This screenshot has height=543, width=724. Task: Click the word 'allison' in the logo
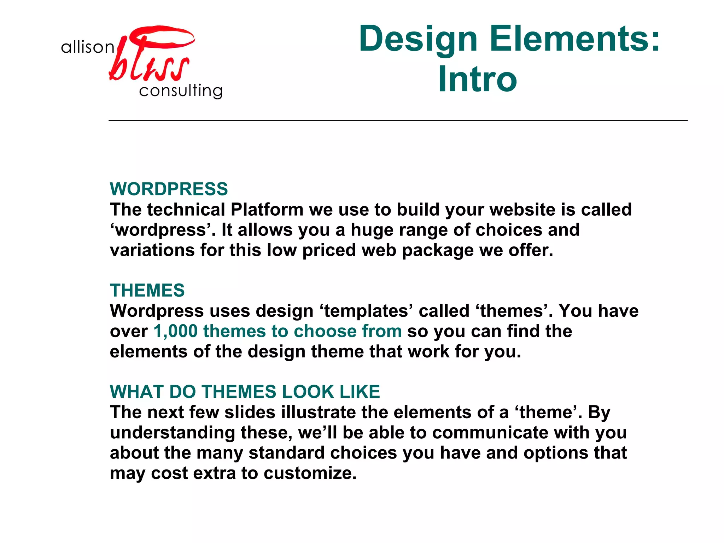point(87,47)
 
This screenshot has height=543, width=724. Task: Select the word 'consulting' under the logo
point(181,91)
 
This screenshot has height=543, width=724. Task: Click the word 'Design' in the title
point(418,39)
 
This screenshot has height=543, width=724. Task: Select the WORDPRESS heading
point(169,189)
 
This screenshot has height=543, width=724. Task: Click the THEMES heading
point(147,291)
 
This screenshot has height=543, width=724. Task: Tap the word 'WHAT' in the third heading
point(137,392)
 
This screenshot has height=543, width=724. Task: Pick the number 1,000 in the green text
point(175,332)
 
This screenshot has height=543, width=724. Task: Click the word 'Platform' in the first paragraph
point(267,210)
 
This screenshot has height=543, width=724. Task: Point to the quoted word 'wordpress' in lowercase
point(161,230)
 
